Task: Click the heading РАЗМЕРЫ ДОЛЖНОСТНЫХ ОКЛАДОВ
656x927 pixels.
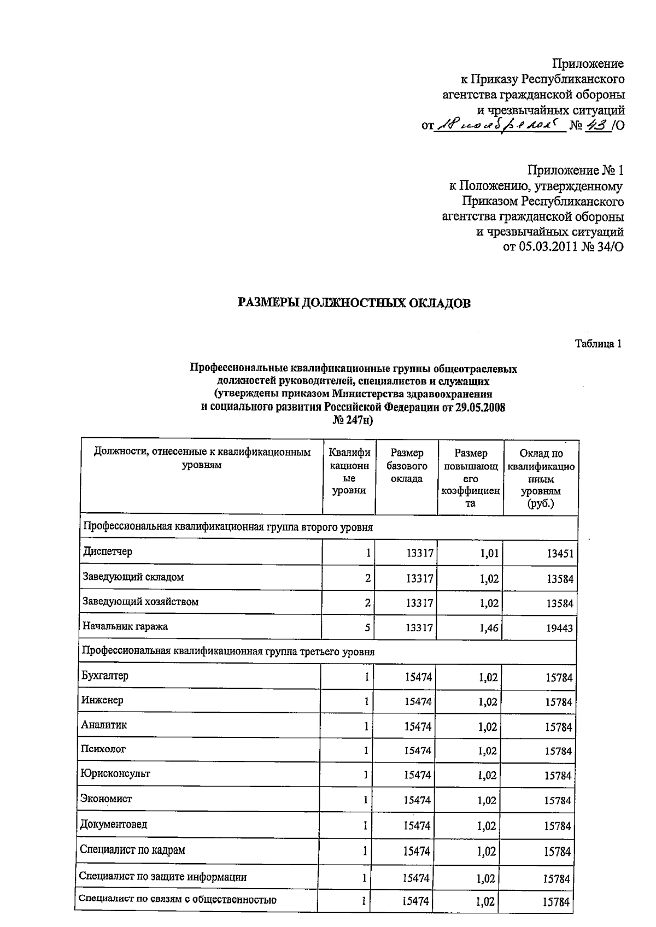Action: (354, 303)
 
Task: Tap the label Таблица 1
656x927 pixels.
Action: (598, 344)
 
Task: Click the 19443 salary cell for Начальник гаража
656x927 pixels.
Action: (559, 629)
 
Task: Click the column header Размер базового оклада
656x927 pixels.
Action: (406, 466)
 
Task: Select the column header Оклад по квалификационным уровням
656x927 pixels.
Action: (541, 478)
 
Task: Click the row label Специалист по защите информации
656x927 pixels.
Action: (163, 877)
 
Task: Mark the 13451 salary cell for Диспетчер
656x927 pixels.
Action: (560, 554)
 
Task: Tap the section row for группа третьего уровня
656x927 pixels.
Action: (228, 652)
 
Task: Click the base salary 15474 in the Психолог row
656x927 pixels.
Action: (418, 751)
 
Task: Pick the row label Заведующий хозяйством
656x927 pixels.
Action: (140, 602)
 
